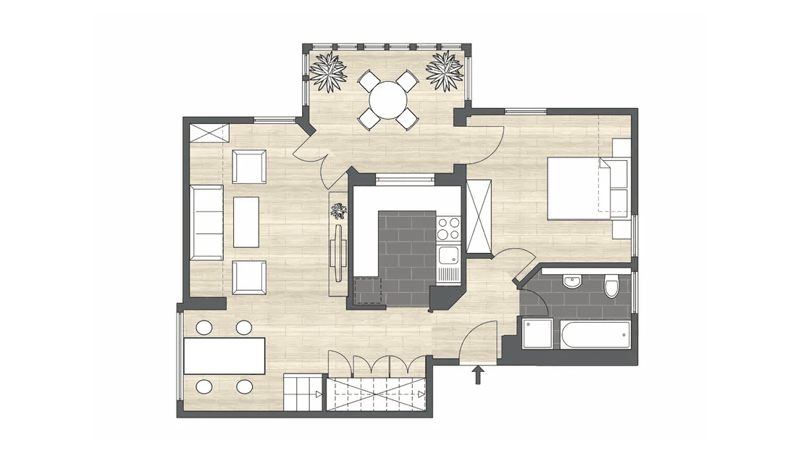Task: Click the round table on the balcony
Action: pyautogui.click(x=388, y=99)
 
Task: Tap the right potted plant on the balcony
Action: pyautogui.click(x=444, y=71)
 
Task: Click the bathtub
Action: pyautogui.click(x=591, y=335)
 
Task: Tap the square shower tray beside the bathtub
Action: pyautogui.click(x=537, y=334)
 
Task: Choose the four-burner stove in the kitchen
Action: pyautogui.click(x=448, y=228)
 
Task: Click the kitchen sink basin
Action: pyautogui.click(x=448, y=255)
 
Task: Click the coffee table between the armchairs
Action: pyautogui.click(x=246, y=222)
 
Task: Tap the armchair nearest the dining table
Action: pyautogui.click(x=248, y=276)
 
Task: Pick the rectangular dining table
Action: pyautogui.click(x=225, y=356)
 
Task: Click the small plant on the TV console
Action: pyautogui.click(x=338, y=211)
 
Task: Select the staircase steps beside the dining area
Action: pyautogui.click(x=303, y=394)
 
